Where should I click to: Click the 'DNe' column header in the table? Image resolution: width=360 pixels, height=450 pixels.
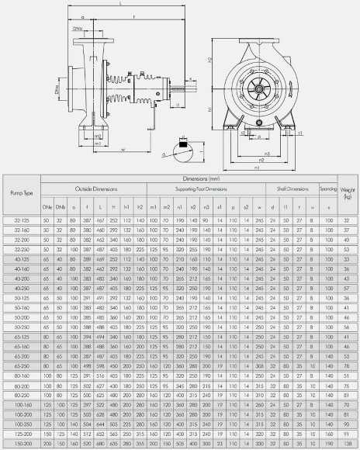coord(47,207)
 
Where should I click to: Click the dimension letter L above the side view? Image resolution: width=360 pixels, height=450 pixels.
coord(122,5)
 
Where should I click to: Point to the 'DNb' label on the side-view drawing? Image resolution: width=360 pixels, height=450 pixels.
coord(78,29)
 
